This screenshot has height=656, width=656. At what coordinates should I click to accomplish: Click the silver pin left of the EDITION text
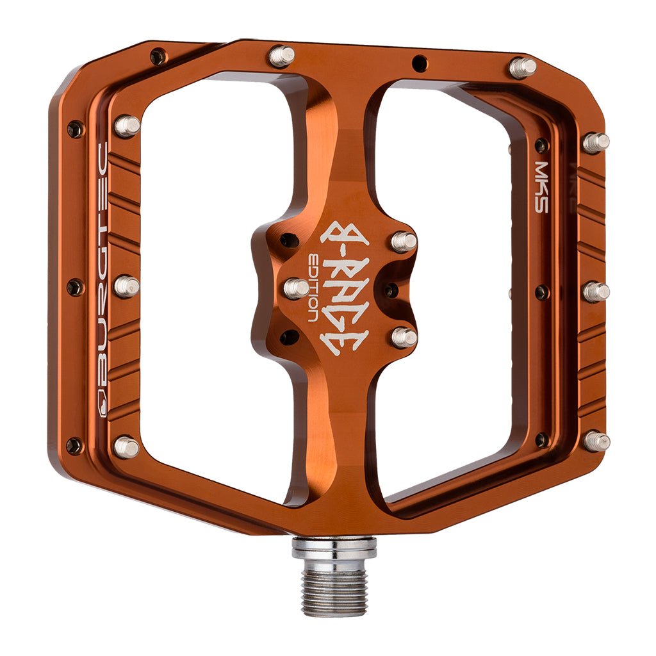pyautogui.click(x=295, y=288)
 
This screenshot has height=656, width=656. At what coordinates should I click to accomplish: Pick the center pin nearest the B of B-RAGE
pyautogui.click(x=404, y=241)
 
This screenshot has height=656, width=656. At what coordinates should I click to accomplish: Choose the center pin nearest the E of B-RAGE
pyautogui.click(x=404, y=336)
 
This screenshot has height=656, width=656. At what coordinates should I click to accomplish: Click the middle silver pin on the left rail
pyautogui.click(x=126, y=286)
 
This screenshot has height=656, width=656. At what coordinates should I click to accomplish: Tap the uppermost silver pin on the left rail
pyautogui.click(x=126, y=126)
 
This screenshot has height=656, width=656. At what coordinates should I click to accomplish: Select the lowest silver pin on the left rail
pyautogui.click(x=126, y=447)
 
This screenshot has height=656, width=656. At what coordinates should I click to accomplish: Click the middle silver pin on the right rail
pyautogui.click(x=596, y=291)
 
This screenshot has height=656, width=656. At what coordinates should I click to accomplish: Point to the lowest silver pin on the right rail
pyautogui.click(x=596, y=441)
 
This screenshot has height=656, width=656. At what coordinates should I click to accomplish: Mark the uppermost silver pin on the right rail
pyautogui.click(x=596, y=142)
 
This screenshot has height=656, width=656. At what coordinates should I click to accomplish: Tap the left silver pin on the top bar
pyautogui.click(x=281, y=56)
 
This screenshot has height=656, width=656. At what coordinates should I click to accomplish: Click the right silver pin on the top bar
pyautogui.click(x=522, y=67)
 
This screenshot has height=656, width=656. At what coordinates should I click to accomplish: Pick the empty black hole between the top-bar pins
pyautogui.click(x=420, y=63)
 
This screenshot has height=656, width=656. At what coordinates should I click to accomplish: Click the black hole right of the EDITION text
pyautogui.click(x=390, y=290)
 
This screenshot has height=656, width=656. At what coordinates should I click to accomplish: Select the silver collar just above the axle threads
pyautogui.click(x=334, y=548)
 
